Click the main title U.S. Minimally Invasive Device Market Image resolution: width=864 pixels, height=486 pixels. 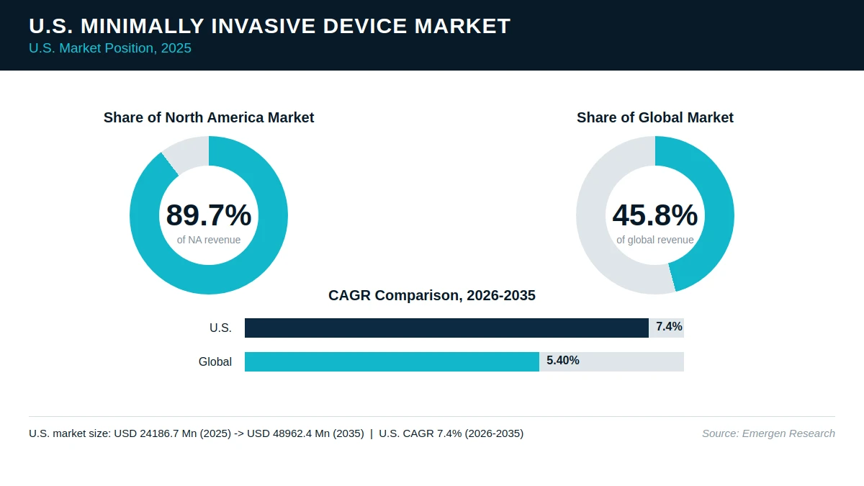pos(269,26)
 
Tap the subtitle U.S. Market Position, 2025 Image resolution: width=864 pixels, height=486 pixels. pos(110,48)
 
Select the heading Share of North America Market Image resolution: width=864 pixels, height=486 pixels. pos(209,117)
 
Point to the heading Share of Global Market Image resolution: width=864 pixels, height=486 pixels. pos(655,117)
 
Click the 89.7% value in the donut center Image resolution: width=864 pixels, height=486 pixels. pos(209,215)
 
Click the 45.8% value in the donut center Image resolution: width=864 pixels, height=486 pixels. pos(655,215)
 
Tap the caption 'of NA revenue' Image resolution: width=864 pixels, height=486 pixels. pos(209,240)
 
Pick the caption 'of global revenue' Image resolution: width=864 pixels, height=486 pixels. pos(655,240)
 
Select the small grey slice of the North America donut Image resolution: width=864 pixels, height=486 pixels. pos(187,153)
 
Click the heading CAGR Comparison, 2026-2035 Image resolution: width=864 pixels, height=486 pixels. pos(431,295)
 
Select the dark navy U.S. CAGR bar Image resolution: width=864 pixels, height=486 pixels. pos(446,328)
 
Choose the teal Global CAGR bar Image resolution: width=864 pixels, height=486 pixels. pos(392,361)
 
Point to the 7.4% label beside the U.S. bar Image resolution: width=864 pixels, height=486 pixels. pos(669,327)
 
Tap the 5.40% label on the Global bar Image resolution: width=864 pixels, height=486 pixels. pos(563,361)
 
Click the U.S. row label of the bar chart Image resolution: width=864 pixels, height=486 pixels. pos(220,328)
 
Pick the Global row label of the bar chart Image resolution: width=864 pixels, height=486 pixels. pos(215,361)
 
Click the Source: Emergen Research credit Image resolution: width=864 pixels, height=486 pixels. pos(768,433)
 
